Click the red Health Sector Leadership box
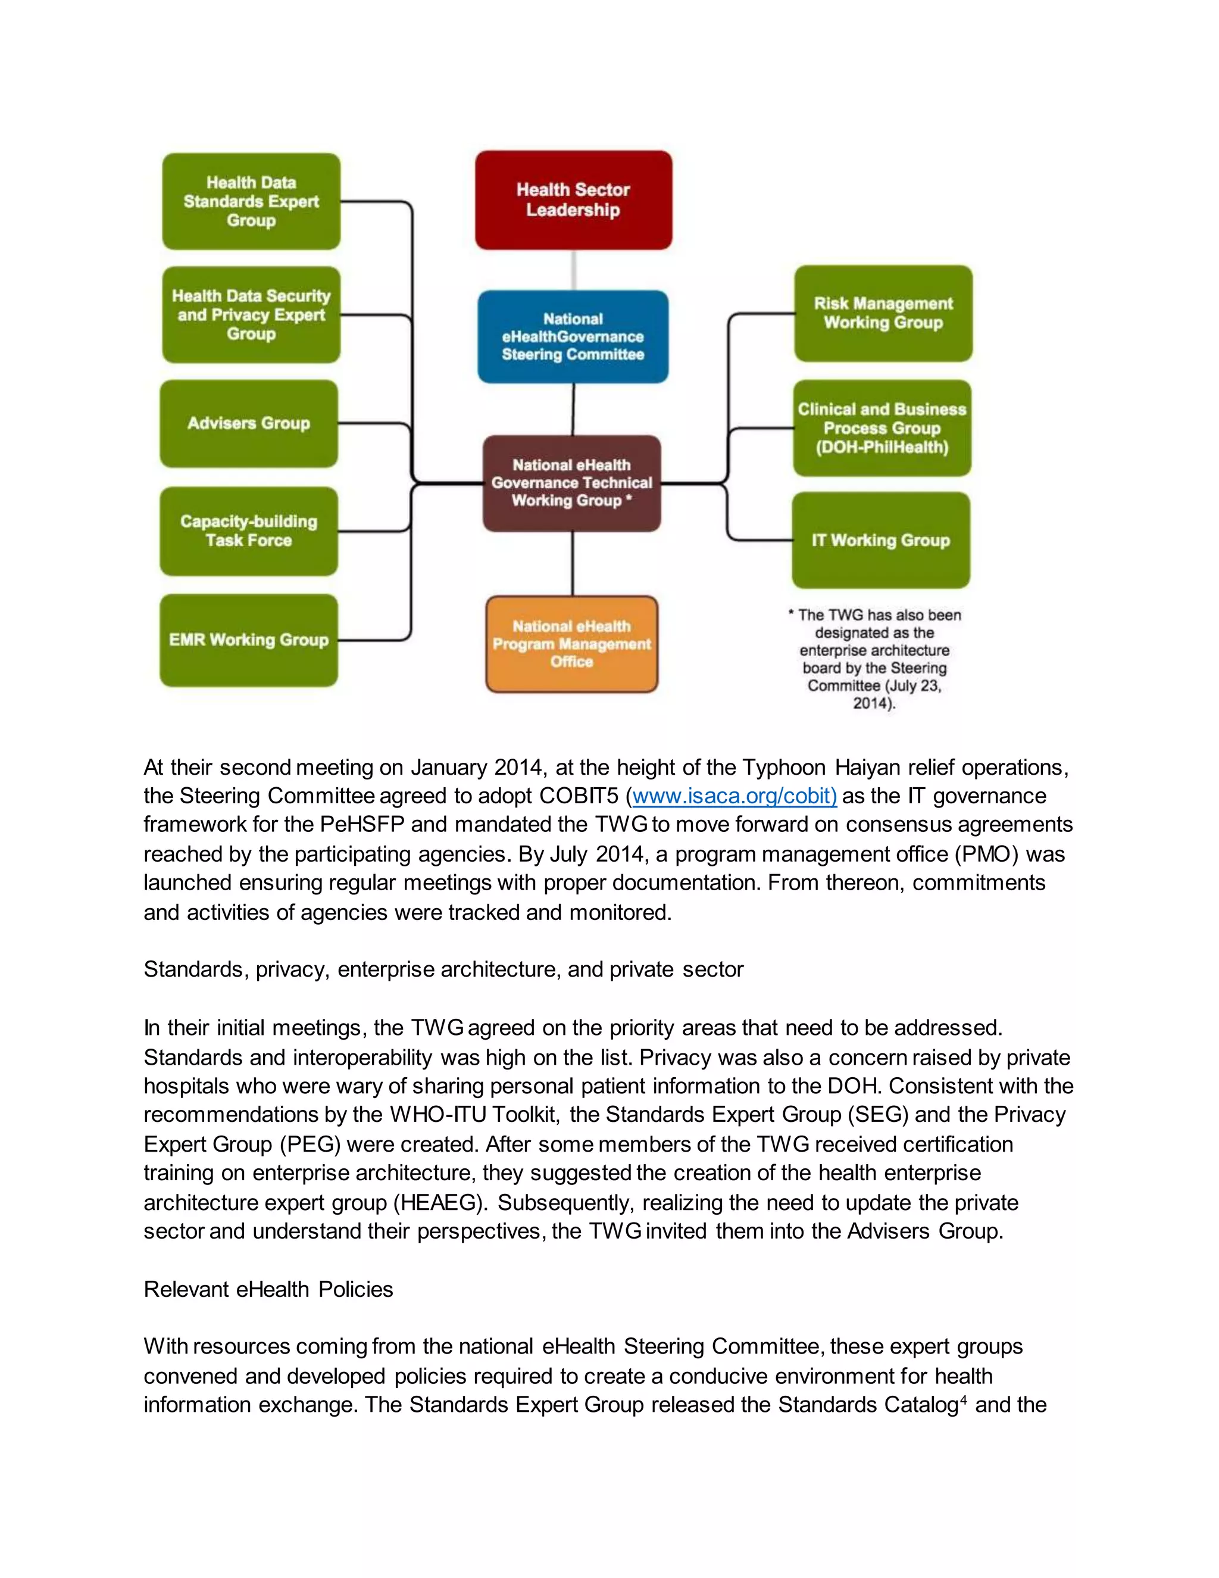[x=573, y=200]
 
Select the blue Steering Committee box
[x=573, y=336]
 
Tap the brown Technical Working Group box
[x=571, y=483]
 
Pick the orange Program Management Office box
[x=571, y=644]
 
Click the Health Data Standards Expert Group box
[x=251, y=202]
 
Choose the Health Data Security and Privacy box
[x=251, y=315]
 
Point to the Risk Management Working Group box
[x=883, y=314]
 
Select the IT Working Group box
[x=880, y=541]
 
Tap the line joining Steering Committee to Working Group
[x=573, y=409]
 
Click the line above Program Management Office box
[x=573, y=563]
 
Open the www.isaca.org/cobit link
[x=734, y=796]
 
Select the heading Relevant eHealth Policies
[x=268, y=1289]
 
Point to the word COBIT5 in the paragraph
[x=579, y=796]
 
